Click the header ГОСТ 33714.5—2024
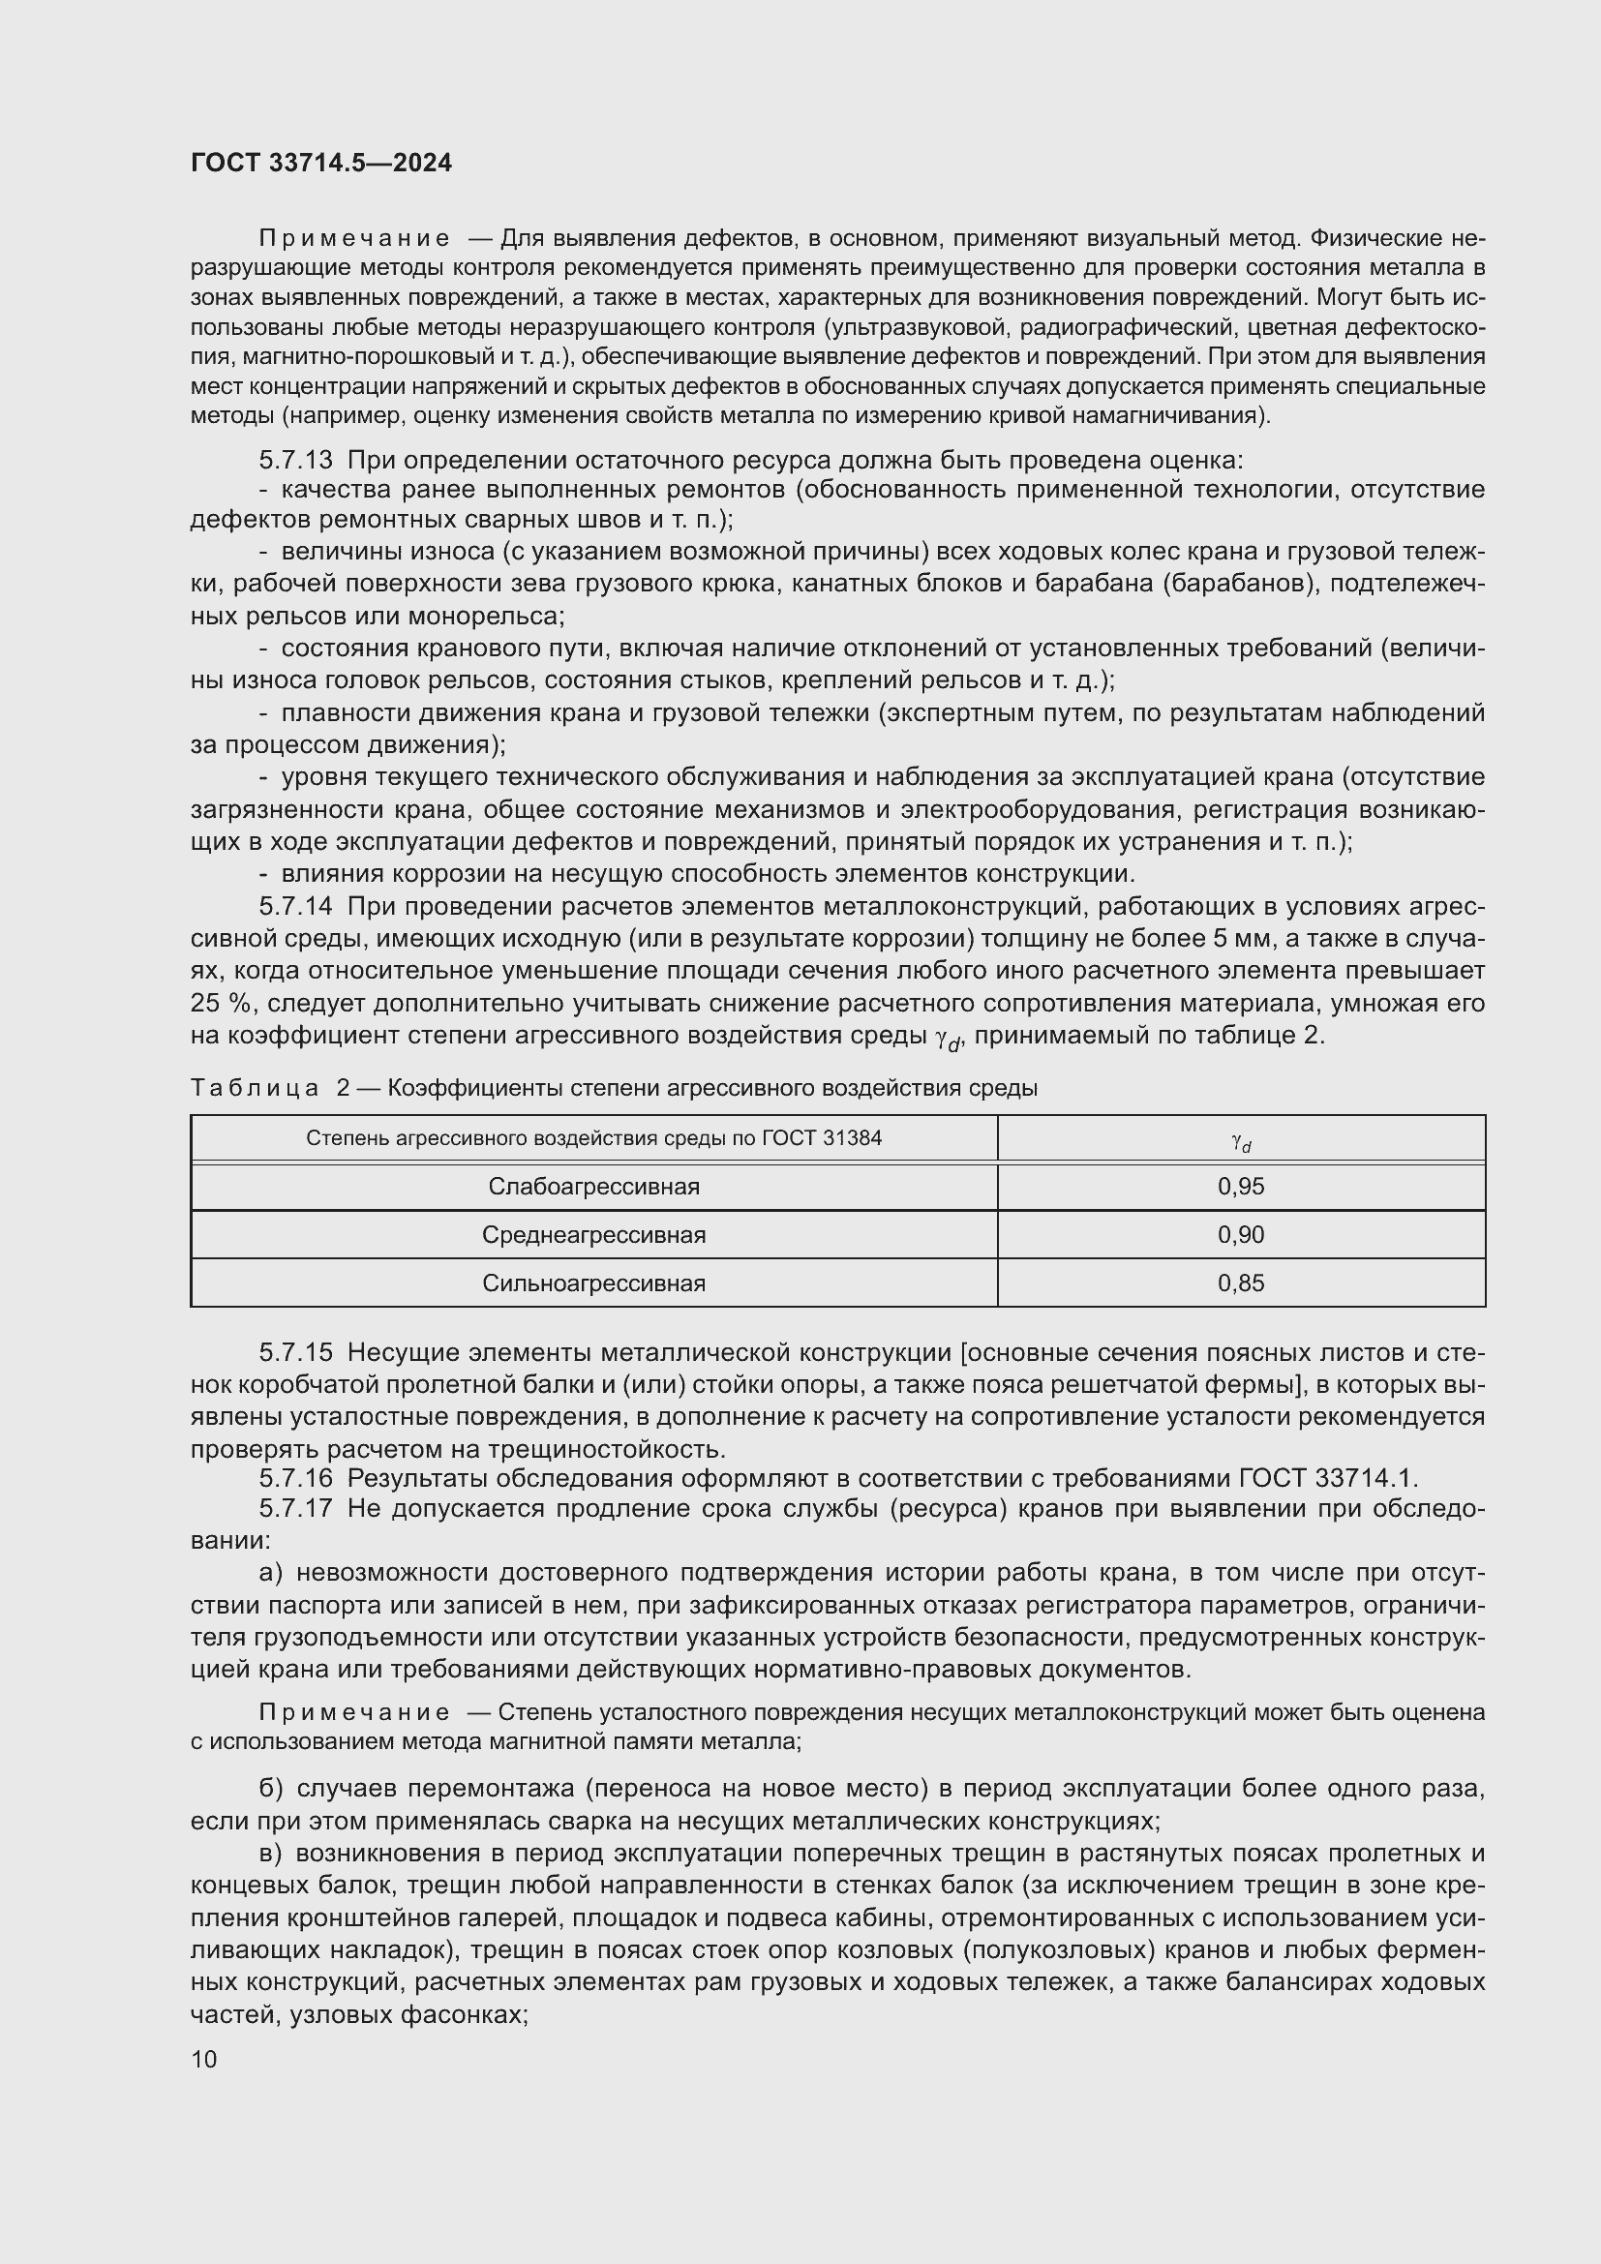(321, 163)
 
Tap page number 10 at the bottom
(204, 2059)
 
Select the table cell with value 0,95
(1240, 1187)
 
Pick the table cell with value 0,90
(1240, 1234)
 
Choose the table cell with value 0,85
(1240, 1283)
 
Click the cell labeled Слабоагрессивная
(593, 1187)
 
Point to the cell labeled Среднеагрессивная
(593, 1234)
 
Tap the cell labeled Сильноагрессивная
(593, 1283)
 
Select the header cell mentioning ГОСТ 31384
(593, 1138)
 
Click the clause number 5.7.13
(296, 461)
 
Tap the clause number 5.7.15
(296, 1352)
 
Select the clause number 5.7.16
(296, 1478)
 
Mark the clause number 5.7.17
(296, 1509)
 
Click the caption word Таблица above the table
(255, 1088)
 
